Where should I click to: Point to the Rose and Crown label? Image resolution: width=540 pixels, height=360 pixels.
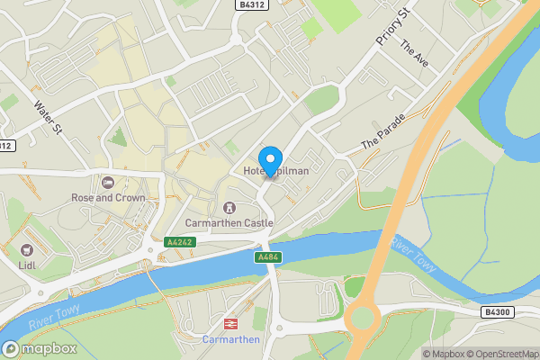[x=109, y=197]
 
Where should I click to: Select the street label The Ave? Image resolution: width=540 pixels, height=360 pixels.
[x=414, y=56]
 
